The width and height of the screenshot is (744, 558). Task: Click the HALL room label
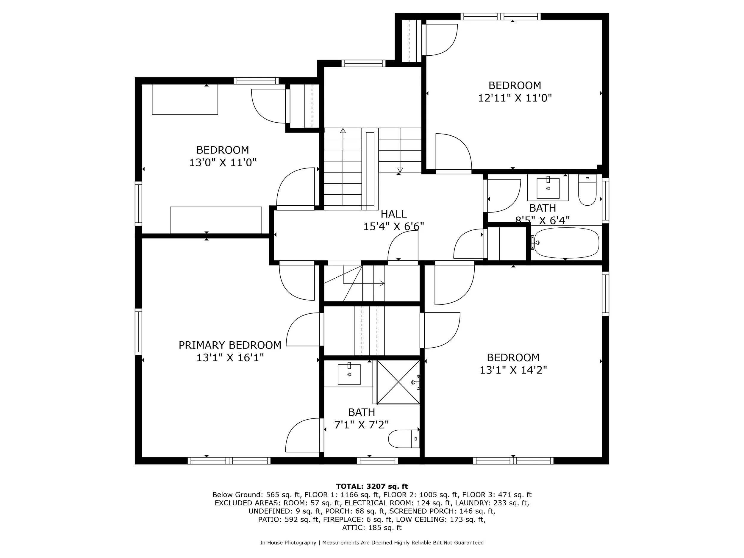tap(393, 214)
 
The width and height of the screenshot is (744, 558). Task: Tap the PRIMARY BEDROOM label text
tap(230, 345)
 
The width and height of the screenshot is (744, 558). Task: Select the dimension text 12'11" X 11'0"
tap(515, 98)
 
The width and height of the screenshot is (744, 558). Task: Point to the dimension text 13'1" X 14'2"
tap(513, 370)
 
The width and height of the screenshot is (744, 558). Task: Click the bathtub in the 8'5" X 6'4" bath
tap(566, 243)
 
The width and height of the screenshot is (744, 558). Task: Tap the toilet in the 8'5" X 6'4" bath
tap(587, 190)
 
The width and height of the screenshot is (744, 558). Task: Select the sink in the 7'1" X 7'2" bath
tap(349, 374)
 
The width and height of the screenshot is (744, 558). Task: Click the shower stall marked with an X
tap(398, 382)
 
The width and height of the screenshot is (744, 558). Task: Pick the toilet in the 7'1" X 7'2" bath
tap(403, 439)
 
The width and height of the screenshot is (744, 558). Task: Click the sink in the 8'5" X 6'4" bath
tap(548, 188)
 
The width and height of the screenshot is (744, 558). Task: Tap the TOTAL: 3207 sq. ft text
tap(372, 486)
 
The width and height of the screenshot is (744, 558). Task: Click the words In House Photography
tap(288, 543)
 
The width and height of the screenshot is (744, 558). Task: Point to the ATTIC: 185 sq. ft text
tap(372, 527)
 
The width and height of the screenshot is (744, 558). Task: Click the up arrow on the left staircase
tap(343, 131)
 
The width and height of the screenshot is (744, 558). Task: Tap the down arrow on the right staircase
tap(400, 170)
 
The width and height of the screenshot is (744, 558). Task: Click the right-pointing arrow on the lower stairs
tap(382, 283)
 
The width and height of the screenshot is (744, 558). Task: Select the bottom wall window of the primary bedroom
tap(229, 460)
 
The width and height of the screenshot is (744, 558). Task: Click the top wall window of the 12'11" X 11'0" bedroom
tap(501, 16)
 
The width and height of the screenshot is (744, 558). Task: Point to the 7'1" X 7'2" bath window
tap(377, 460)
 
